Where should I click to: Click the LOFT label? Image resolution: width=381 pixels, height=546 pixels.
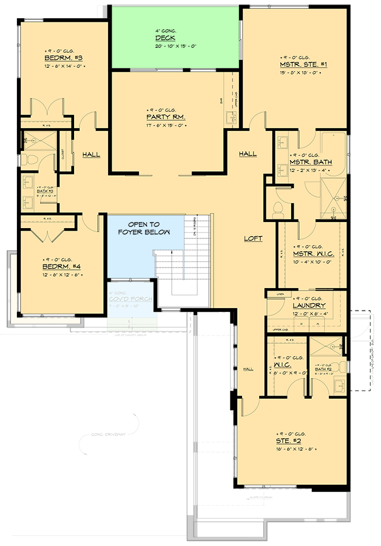pos(253,238)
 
